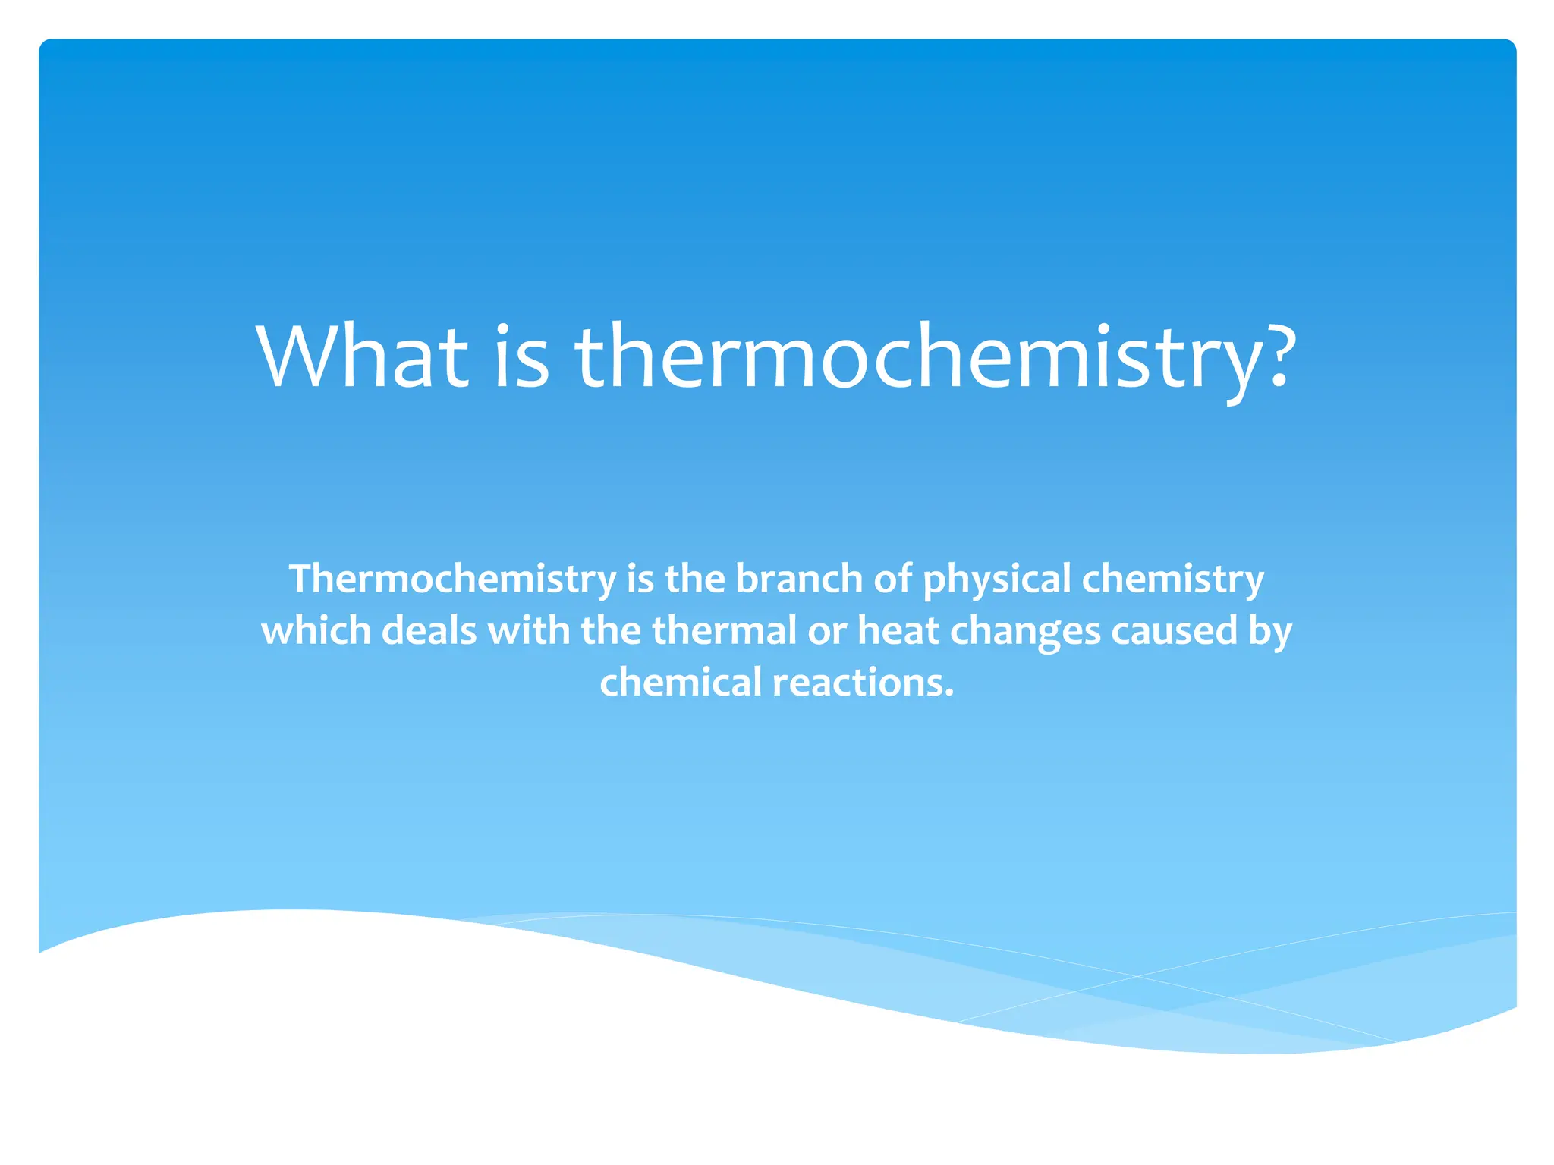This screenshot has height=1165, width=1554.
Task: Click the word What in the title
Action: tap(363, 356)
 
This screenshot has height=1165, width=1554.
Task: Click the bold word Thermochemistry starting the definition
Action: tap(453, 579)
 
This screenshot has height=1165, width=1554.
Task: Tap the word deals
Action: tap(429, 630)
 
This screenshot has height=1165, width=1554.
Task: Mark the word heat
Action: tap(898, 630)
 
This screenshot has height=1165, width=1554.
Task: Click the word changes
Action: tap(1025, 632)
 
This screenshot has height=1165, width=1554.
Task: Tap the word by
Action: tap(1270, 632)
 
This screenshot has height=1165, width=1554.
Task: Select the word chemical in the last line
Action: tap(681, 682)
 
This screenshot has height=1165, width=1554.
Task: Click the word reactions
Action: tap(863, 682)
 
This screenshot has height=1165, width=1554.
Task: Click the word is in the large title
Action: tap(521, 356)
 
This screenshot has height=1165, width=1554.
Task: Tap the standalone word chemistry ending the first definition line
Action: tap(1172, 579)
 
